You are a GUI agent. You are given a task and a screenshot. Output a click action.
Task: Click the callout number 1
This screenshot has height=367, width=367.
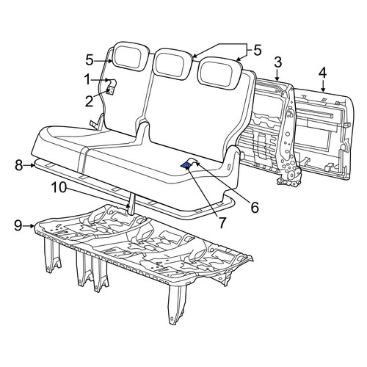point(87,80)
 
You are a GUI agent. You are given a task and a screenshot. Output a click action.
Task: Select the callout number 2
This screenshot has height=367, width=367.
point(89,101)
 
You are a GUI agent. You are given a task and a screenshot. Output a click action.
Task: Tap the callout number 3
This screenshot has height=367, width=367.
point(277,62)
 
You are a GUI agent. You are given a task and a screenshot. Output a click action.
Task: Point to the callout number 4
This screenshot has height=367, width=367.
point(323,73)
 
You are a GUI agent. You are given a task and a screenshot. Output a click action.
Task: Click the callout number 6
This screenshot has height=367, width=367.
point(255,208)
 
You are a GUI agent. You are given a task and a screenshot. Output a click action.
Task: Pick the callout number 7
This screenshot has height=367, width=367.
point(222,223)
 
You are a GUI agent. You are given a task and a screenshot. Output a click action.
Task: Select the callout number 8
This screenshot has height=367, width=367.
point(19,165)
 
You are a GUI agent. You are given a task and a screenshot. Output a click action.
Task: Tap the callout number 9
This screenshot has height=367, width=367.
point(18,225)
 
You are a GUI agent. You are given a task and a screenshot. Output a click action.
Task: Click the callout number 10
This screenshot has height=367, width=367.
point(59,188)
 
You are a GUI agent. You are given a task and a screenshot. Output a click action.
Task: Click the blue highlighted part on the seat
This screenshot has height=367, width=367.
point(186,166)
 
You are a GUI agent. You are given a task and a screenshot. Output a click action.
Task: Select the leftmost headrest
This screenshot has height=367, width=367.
point(129,57)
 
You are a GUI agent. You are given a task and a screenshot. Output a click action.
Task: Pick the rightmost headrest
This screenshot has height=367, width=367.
point(219,73)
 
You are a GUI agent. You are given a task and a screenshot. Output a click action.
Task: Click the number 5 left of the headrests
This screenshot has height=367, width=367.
point(90,60)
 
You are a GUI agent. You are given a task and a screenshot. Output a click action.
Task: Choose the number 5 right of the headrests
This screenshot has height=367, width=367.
point(258,50)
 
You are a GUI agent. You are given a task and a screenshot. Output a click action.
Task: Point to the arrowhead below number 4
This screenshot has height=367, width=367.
point(323,90)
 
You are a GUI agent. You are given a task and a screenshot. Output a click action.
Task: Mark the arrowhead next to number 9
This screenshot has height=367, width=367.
point(32,226)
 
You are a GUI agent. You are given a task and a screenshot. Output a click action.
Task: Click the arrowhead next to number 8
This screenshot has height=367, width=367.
point(32,166)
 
